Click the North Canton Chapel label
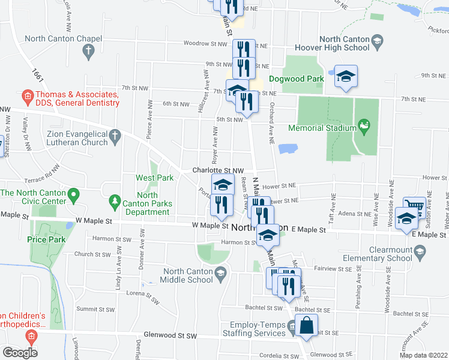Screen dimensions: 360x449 point(62,38)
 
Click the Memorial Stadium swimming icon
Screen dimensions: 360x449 point(363,125)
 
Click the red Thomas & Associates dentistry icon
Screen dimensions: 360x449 point(26,95)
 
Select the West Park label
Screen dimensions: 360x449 point(155,178)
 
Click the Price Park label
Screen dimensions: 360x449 point(44,238)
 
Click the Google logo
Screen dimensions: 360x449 point(20,352)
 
